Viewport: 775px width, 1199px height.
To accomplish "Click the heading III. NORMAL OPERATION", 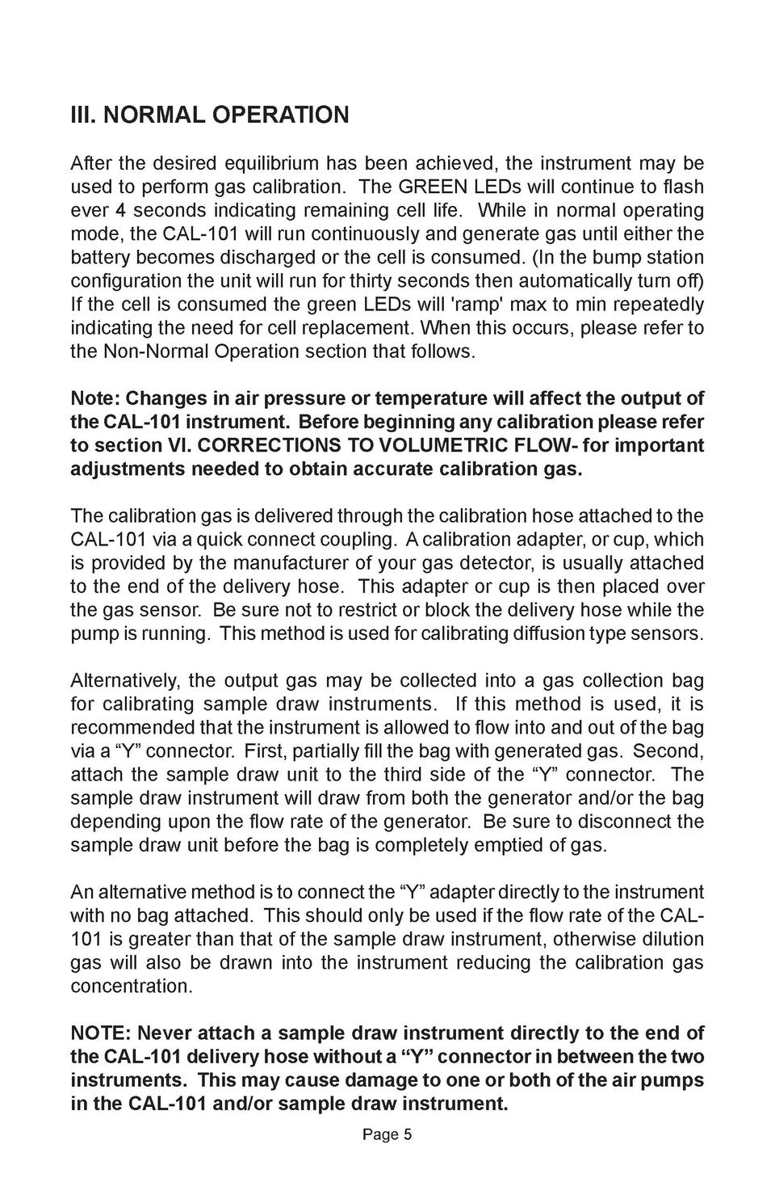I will pos(210,115).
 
